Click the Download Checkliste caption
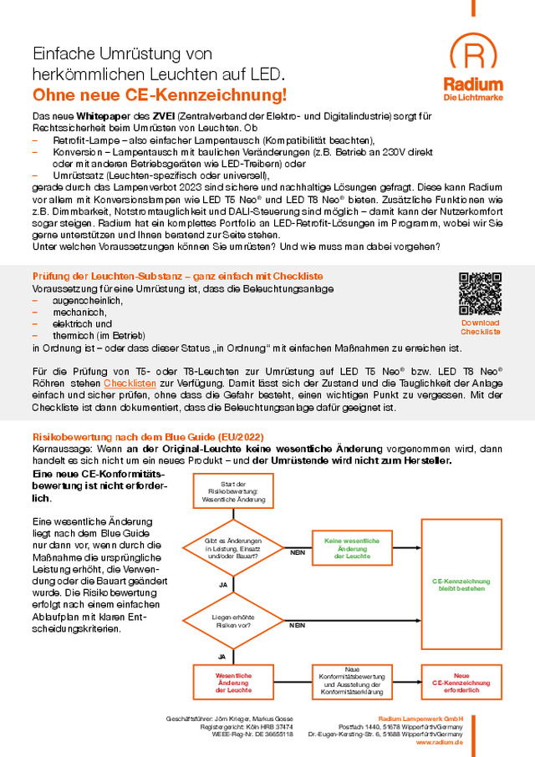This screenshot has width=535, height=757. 480,327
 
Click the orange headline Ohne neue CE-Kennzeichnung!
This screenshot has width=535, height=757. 159,94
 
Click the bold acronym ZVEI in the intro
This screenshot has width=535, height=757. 163,114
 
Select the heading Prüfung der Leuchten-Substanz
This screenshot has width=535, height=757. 177,277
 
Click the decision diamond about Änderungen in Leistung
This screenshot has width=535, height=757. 233,547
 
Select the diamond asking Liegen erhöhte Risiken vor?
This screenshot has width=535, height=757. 233,621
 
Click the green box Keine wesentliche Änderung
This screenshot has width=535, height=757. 351,548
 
